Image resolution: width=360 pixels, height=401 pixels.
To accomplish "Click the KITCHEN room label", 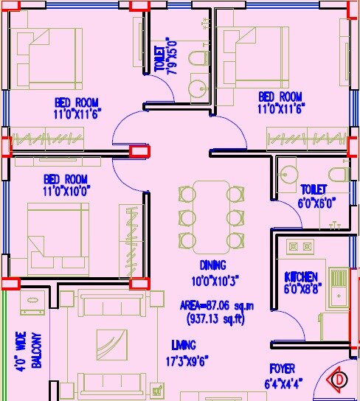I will click(x=301, y=276).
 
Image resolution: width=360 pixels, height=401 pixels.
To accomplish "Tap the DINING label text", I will click(x=212, y=265).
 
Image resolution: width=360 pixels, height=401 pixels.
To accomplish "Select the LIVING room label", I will click(x=183, y=344).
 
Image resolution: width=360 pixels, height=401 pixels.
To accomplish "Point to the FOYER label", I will click(x=282, y=369).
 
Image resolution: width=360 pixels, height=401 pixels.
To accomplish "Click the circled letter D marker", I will click(x=339, y=380).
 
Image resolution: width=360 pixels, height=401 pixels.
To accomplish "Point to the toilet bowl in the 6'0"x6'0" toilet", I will click(x=339, y=175).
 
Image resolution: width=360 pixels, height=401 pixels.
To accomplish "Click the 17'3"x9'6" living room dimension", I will click(x=183, y=361).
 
